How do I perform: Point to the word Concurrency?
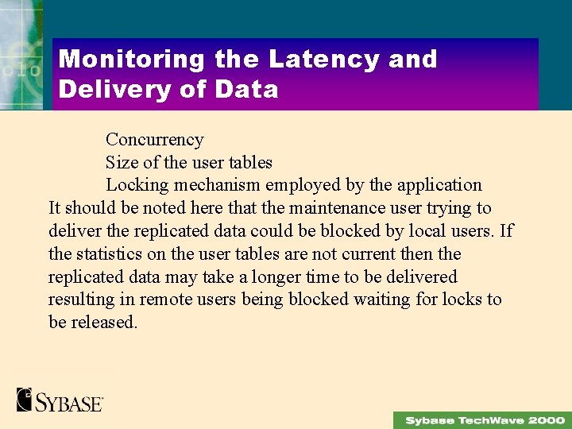pyautogui.click(x=154, y=140)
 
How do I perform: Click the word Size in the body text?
pyautogui.click(x=122, y=163)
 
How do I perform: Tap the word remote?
pyautogui.click(x=168, y=300)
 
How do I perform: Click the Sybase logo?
pyautogui.click(x=60, y=400)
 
